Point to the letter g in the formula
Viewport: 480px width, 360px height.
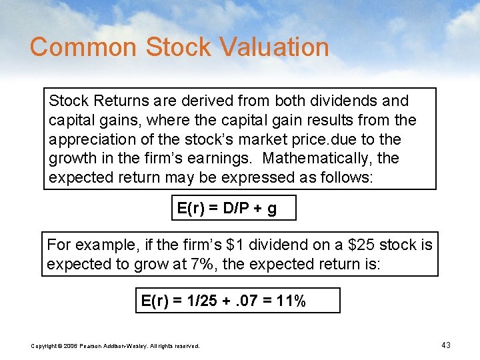[x=271, y=209]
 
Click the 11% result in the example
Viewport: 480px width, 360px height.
[x=292, y=301]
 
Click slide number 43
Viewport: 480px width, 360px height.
[x=446, y=345]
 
